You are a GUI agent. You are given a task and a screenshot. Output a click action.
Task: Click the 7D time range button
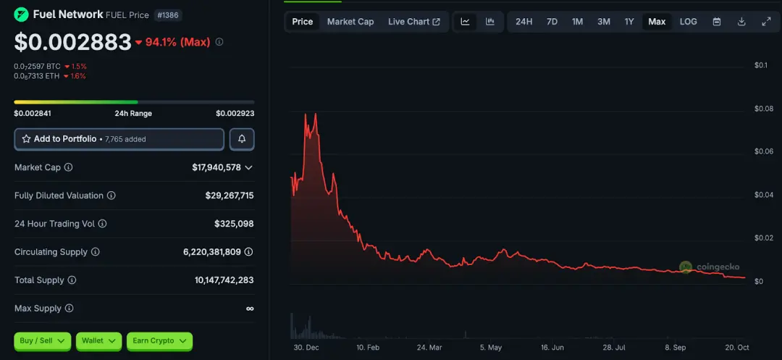point(552,22)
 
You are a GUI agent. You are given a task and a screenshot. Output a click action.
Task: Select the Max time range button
point(657,22)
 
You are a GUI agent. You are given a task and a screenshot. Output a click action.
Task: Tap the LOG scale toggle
point(688,22)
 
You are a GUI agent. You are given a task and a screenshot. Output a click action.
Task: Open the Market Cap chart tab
point(350,22)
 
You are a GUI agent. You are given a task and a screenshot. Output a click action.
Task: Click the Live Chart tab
point(413,22)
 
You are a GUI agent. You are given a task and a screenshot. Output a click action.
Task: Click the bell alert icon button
point(242,139)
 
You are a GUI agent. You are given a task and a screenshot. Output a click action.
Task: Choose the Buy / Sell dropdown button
point(42,340)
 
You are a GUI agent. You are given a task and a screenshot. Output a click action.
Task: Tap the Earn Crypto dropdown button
point(159,340)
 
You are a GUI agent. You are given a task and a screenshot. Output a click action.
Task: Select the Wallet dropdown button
point(98,340)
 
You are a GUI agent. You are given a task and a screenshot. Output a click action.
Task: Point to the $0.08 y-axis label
point(764,109)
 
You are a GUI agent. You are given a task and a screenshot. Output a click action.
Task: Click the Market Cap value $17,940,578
point(216,167)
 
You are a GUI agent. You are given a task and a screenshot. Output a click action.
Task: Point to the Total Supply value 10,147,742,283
point(224,280)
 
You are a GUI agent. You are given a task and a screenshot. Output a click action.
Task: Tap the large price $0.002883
point(72,42)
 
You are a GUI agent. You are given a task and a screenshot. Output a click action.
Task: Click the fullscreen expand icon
point(766,22)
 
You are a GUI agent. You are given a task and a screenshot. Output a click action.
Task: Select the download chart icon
point(741,22)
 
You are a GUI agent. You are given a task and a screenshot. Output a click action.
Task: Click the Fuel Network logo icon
point(21,14)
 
